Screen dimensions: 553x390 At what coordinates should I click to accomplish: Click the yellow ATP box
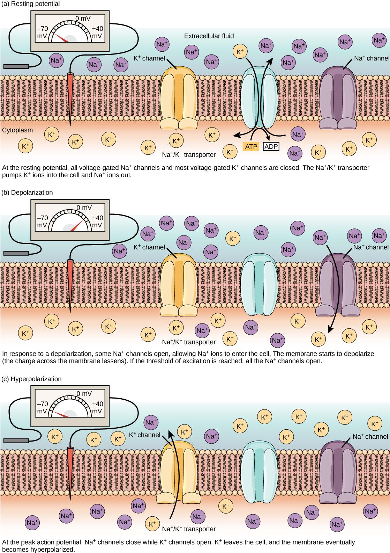pos(250,146)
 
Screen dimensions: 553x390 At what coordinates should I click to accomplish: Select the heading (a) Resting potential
pos(31,4)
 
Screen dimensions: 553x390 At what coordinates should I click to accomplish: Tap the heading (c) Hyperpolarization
pos(32,379)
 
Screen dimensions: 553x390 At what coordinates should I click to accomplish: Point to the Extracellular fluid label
pos(209,36)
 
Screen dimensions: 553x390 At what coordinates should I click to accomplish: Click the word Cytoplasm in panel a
pos(17,130)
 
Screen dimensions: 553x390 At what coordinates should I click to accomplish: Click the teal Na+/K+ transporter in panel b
pos(258,285)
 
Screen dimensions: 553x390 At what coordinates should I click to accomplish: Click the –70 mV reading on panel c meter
pos(42,407)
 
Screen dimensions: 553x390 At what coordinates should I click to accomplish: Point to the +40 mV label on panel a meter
pos(97,32)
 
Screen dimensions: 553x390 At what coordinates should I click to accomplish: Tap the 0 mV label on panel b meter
pos(84,208)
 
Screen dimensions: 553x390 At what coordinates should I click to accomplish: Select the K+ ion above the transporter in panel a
pos(240,51)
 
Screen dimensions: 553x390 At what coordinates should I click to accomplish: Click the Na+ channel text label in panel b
pos(370,247)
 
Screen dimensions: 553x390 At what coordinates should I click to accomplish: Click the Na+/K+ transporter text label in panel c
pos(189,529)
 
